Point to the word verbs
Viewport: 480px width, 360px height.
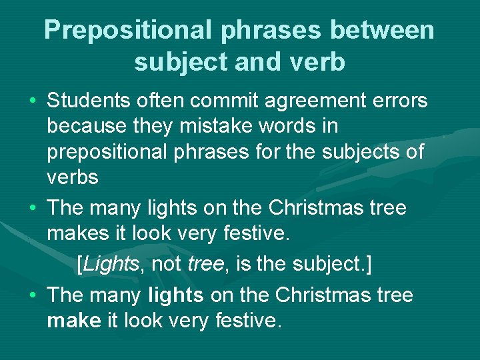73,177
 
